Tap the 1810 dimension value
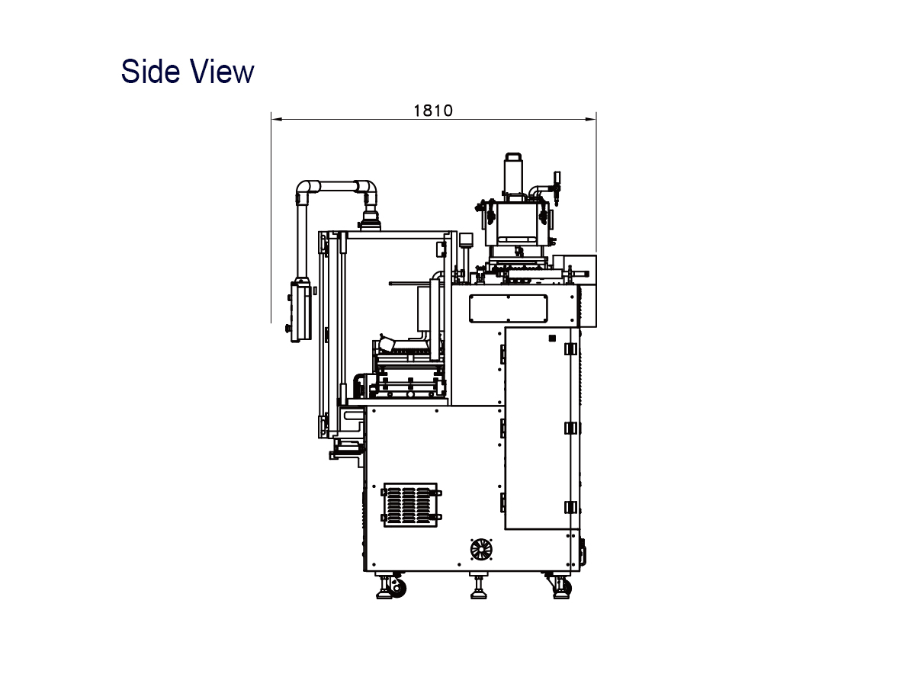pyautogui.click(x=433, y=111)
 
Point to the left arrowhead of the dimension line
pyautogui.click(x=277, y=119)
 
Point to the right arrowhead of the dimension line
pyautogui.click(x=591, y=119)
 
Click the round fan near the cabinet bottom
pyautogui.click(x=481, y=550)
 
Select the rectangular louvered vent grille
pyautogui.click(x=410, y=505)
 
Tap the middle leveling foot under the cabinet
pyautogui.click(x=479, y=586)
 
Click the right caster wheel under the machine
pyautogui.click(x=566, y=588)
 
